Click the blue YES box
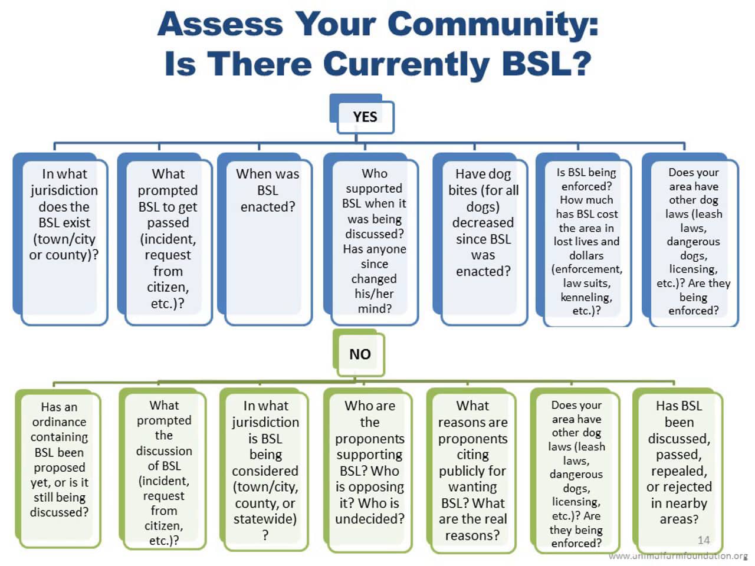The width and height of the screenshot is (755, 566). click(365, 117)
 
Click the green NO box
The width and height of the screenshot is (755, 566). click(360, 354)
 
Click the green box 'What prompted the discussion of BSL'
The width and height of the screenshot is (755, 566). click(164, 472)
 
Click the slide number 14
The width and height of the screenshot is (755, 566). click(703, 540)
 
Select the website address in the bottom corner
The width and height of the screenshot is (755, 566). click(678, 556)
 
